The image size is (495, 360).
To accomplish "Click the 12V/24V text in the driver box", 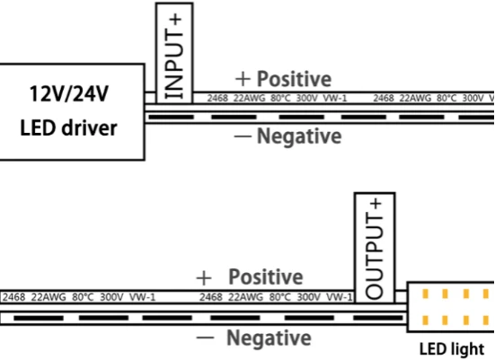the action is [x=69, y=93].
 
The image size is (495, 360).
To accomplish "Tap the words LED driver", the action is [x=68, y=127].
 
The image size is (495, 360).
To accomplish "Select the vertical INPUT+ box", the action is [x=174, y=53].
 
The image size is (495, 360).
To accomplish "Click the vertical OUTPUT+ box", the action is [x=375, y=248].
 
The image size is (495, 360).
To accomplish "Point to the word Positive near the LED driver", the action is [x=295, y=79].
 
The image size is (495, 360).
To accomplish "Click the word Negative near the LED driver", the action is [x=299, y=136].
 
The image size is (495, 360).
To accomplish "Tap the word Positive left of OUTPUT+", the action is [x=266, y=277].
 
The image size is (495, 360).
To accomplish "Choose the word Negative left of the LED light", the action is [x=269, y=338].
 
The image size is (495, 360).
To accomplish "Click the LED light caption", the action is [x=452, y=348].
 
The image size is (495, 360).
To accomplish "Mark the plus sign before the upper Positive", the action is [x=243, y=79].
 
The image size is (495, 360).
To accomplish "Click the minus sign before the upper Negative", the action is [x=243, y=136].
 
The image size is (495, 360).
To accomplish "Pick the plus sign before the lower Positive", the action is [x=204, y=278].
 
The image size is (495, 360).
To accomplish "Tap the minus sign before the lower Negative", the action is [x=205, y=338].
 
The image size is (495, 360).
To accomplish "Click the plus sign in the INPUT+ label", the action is [x=175, y=20].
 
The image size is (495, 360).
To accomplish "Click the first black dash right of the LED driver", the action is [x=171, y=117].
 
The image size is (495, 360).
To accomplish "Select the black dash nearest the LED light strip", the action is [x=378, y=318].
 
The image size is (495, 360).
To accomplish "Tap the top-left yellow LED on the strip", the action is [x=425, y=294].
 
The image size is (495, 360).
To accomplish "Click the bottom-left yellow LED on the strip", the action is [x=425, y=320].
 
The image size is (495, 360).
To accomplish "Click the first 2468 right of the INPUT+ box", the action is [x=217, y=98].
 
